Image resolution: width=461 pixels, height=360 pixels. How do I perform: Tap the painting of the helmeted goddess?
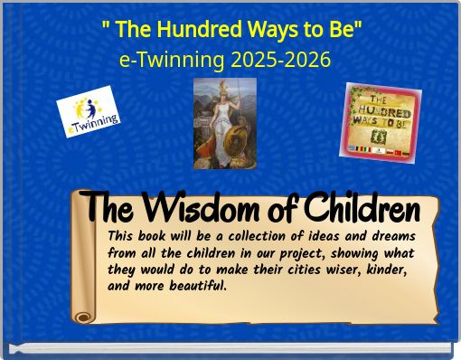pos(224,123)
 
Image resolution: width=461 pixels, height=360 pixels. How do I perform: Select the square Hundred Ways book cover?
pos(381,121)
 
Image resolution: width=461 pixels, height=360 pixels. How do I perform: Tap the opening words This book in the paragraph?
pos(136,236)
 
